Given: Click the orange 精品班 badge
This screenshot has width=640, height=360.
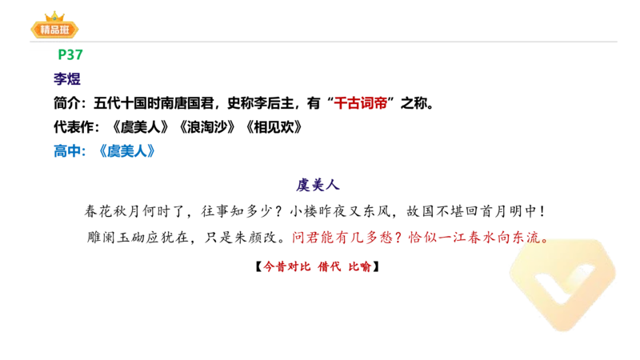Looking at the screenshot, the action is tap(54, 30).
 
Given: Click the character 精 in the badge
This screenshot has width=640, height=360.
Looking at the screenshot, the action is tap(42, 30).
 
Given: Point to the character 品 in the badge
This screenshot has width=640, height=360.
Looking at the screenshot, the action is tap(54, 30).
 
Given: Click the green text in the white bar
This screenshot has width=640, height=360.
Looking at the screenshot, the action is tap(70, 54).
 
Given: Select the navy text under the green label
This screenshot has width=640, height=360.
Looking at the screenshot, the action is tap(67, 79).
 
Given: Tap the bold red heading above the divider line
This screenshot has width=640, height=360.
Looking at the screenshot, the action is tap(360, 103).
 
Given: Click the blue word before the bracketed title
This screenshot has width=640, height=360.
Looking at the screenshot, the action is tap(69, 150).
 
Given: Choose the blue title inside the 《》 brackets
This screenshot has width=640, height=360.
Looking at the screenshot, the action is tap(126, 150).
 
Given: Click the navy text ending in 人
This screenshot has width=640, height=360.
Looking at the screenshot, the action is tap(318, 185).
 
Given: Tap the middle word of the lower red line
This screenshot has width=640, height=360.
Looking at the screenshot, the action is tap(330, 266).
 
